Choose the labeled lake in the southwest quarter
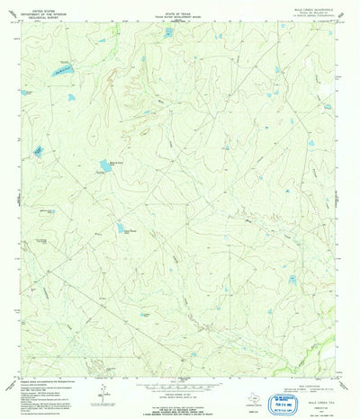[121, 229]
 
